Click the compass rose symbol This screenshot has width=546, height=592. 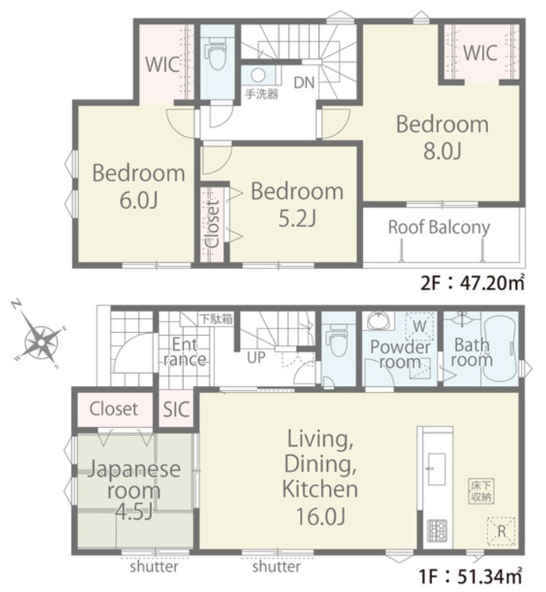pos(40,343)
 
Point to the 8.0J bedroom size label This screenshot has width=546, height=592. pos(442,151)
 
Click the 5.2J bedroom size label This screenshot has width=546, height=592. pos(297,218)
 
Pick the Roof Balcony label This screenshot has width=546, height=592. pos(439,227)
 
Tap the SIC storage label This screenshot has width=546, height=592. pos(176,409)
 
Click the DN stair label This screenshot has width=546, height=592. pos(304,82)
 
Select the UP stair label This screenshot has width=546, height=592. pos(256,357)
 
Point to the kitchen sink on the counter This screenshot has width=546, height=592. pos(437,469)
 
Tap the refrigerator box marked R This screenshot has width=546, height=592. pos(501,531)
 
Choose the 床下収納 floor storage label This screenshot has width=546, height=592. pos(482,491)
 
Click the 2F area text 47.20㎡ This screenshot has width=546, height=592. pos(472,283)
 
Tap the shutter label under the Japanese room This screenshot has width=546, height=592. pos(154,567)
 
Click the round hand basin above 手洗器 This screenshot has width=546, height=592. pos(258,75)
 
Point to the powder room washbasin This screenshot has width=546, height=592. pos(378,321)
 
